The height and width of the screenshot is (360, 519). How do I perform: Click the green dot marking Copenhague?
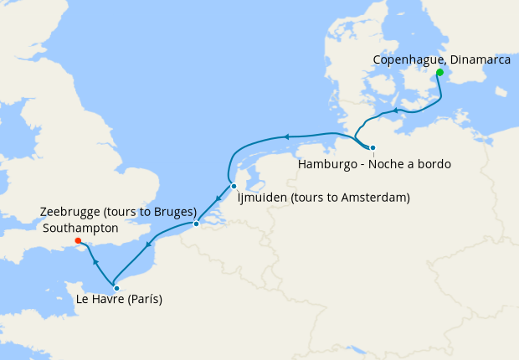pyautogui.click(x=439, y=73)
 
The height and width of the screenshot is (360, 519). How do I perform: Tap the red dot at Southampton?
pyautogui.click(x=78, y=241)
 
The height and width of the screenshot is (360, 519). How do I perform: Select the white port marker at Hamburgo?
pyautogui.click(x=373, y=148)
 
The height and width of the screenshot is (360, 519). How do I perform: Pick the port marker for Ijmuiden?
pyautogui.click(x=234, y=186)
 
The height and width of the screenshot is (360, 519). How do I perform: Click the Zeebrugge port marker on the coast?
pyautogui.click(x=196, y=224)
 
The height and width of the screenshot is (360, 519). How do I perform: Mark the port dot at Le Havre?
pyautogui.click(x=116, y=288)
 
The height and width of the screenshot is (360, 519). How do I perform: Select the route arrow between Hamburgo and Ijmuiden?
pyautogui.click(x=285, y=136)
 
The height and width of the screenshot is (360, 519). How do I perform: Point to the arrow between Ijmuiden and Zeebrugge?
pyautogui.click(x=217, y=199)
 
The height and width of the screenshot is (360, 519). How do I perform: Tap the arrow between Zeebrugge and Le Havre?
pyautogui.click(x=149, y=245)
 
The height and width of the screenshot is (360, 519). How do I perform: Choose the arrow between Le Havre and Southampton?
pyautogui.click(x=95, y=262)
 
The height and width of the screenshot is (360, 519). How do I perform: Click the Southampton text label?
pyautogui.click(x=80, y=227)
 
